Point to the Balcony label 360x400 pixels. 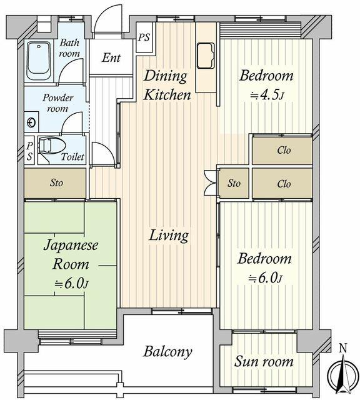pos(167,352)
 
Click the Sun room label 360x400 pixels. pos(264,362)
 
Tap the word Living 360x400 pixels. pos(168,236)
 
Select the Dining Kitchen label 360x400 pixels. pos(167,86)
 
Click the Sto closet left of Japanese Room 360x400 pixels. pos(56,184)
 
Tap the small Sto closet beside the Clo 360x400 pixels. pos(234,184)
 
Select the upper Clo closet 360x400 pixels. pos(283,150)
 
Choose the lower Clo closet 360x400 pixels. pos(283,184)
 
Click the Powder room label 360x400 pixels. pos(57,104)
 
